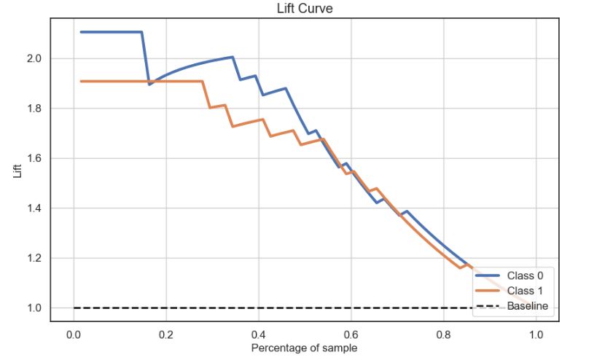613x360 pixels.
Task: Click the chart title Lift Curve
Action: click(304, 9)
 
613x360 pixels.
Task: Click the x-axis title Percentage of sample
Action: click(304, 348)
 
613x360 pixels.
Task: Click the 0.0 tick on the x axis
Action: click(73, 334)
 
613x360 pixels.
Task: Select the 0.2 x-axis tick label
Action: click(165, 334)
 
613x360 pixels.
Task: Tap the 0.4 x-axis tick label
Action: click(258, 334)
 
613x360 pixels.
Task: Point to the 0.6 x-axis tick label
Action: click(351, 334)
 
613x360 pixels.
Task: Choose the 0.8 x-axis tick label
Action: click(443, 334)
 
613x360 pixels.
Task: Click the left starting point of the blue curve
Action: click(81, 32)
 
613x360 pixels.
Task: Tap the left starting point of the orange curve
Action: click(81, 81)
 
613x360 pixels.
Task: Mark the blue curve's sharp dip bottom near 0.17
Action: click(149, 85)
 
